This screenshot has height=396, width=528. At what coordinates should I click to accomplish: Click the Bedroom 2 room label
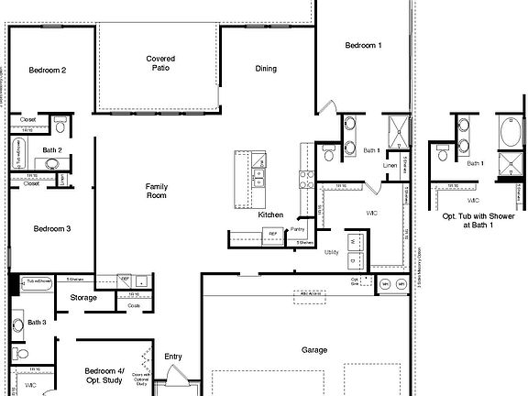47,70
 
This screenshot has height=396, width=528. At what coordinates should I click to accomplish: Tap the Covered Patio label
160,63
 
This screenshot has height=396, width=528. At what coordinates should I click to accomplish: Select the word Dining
266,68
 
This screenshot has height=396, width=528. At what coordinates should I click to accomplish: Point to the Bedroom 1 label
363,45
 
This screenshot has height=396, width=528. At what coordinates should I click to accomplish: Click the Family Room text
157,191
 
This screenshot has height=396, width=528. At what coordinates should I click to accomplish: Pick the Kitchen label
270,214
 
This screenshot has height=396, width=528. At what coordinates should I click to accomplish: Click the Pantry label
297,229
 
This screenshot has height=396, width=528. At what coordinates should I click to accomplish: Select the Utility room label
332,252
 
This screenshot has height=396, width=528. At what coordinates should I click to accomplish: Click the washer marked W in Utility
357,241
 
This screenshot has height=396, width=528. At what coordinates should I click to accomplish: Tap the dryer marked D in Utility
357,261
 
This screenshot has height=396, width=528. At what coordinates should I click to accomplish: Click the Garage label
314,350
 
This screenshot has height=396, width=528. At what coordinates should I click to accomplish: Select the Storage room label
83,297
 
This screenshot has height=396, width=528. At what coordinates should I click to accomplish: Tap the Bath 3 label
37,322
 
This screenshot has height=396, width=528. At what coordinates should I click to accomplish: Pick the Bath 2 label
52,149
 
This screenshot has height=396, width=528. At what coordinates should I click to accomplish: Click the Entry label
173,357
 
